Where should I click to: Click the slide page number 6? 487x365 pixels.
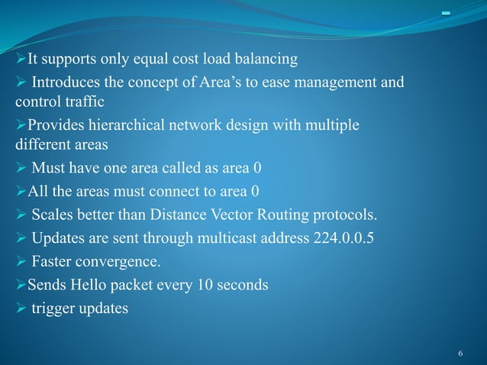(460, 354)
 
